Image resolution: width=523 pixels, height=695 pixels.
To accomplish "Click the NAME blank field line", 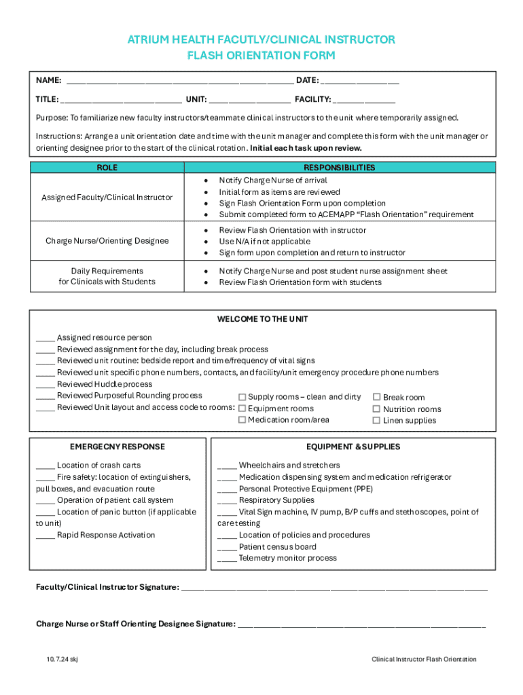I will coord(180,81).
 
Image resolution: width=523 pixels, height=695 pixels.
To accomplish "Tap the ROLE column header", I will coord(107,168).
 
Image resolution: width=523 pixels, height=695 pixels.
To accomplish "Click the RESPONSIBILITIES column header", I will coord(339,168).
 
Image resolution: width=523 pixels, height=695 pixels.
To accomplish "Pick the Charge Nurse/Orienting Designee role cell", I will coord(107,241).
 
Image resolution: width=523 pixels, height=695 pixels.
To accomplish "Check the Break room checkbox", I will coord(377,398).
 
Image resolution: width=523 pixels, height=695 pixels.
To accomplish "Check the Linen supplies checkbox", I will coord(377,421).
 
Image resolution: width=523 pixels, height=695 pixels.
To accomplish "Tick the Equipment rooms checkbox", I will coord(242,409).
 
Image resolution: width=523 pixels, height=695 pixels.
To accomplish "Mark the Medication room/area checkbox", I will coord(242,420).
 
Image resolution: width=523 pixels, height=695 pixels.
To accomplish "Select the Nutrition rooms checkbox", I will coord(377,409).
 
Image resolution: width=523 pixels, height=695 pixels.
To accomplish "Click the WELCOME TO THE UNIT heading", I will coord(262,319).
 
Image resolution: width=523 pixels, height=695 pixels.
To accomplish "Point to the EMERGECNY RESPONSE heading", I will coord(117,447).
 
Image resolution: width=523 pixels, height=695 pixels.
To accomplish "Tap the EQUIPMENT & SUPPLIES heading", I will coord(353,447).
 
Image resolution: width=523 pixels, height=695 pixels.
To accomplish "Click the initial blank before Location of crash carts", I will coord(45,466).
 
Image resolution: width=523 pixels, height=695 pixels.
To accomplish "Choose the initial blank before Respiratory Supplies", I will coord(227,501).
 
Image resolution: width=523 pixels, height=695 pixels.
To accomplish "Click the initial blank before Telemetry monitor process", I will coord(227,559).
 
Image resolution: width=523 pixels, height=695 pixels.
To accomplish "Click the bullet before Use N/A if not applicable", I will coord(206,242).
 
